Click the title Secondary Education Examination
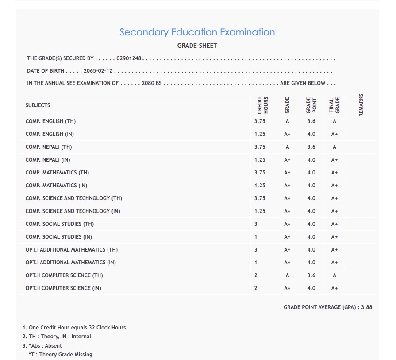click(x=197, y=32)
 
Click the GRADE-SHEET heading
click(x=197, y=46)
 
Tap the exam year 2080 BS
click(x=151, y=83)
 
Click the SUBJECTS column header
click(x=38, y=105)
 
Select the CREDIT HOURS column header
click(x=263, y=106)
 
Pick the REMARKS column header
click(x=361, y=105)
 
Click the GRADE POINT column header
click(x=311, y=106)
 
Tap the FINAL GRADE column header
click(x=334, y=106)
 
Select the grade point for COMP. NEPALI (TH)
click(x=311, y=147)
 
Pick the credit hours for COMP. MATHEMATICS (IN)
click(x=260, y=186)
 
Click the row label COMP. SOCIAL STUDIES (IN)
click(x=59, y=237)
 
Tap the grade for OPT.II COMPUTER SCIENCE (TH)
click(x=287, y=275)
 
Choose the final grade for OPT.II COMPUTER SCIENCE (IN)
click(x=334, y=288)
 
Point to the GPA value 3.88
click(x=366, y=307)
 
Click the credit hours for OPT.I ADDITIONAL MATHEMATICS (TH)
click(x=256, y=250)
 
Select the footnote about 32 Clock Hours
click(x=78, y=328)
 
